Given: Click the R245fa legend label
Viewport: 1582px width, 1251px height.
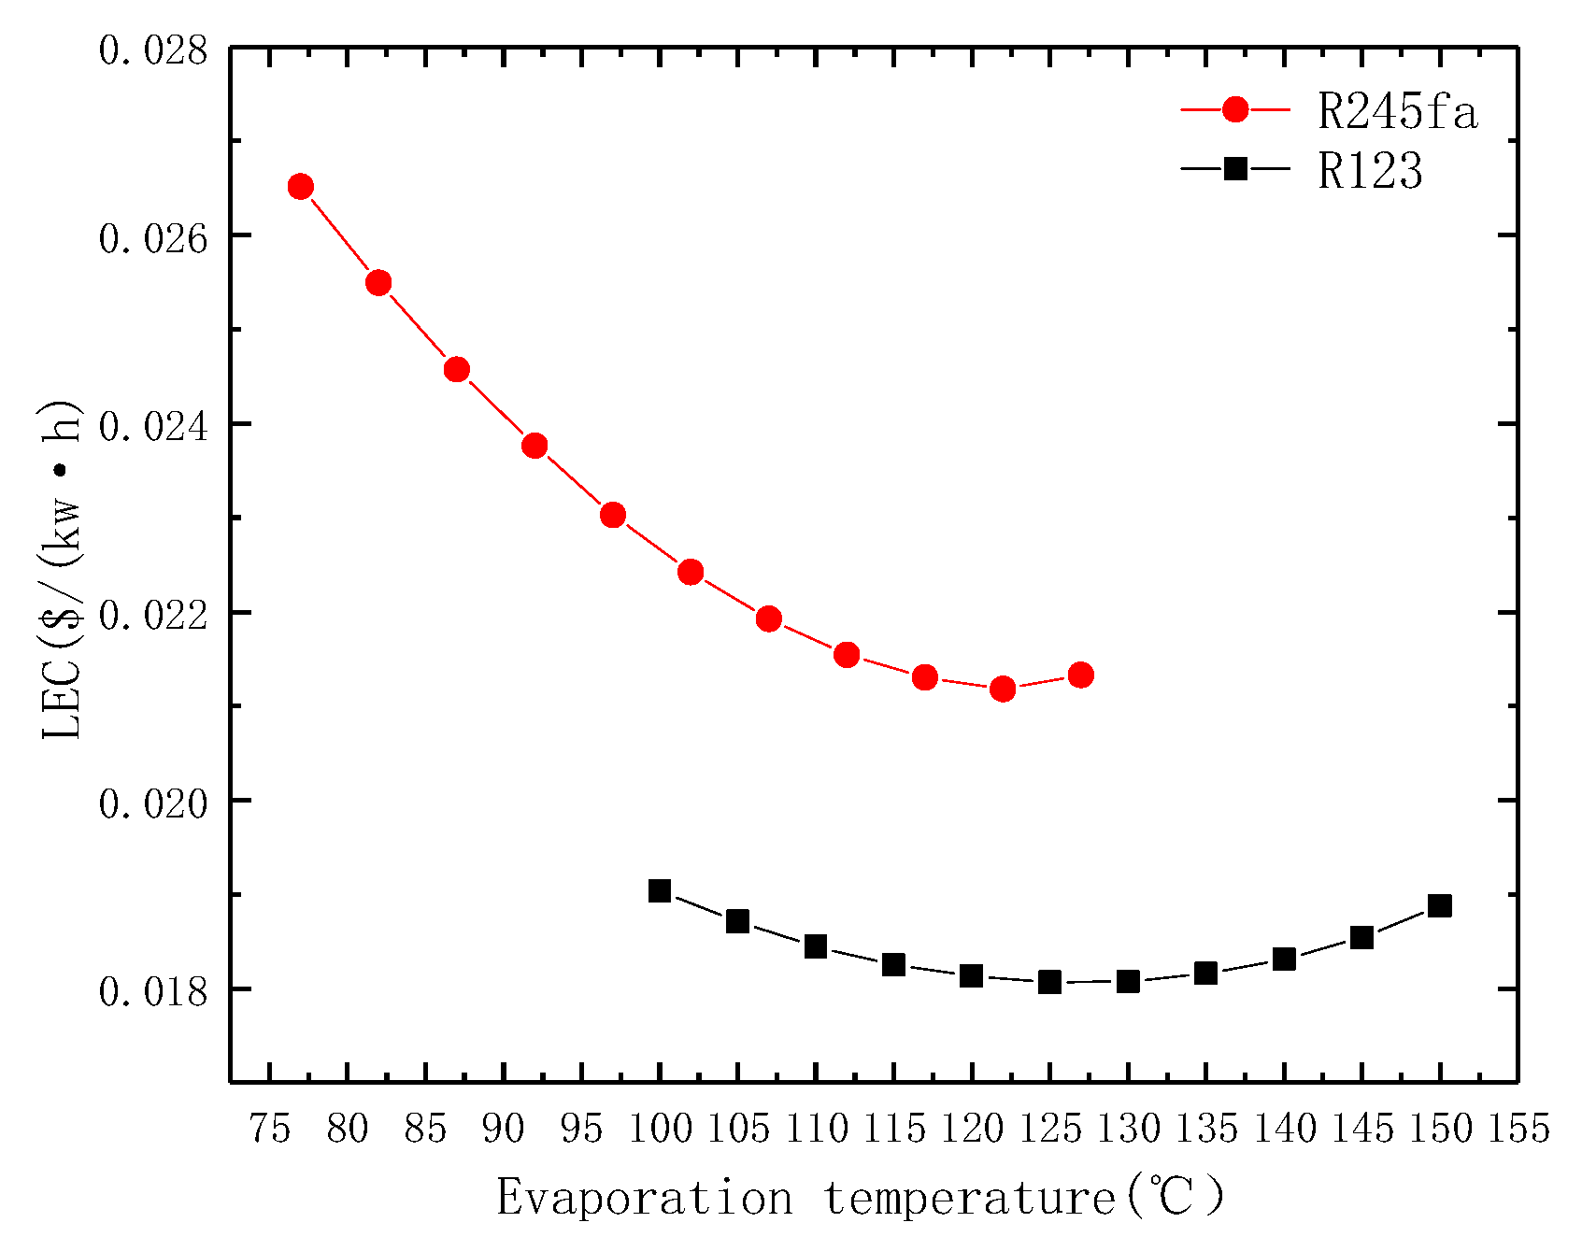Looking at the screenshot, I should coord(1398,112).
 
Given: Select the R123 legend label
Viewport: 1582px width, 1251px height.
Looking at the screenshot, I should coord(1370,171).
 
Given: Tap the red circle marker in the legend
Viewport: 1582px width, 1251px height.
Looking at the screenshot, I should coord(1235,109).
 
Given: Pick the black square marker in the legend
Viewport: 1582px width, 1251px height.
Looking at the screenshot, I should coord(1235,168).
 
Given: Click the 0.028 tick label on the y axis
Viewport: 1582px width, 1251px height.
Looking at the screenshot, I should coord(153,50).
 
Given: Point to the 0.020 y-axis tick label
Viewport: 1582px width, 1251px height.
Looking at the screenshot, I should coord(153,803).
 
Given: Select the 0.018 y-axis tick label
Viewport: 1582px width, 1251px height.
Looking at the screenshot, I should coord(153,991).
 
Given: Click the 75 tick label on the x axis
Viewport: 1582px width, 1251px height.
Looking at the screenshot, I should coord(269,1130).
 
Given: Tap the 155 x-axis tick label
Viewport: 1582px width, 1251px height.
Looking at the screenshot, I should coord(1518,1130).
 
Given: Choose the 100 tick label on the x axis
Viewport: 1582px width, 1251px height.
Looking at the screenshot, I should coord(660,1130).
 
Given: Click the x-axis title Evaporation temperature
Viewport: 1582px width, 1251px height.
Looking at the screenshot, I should coord(860,1198).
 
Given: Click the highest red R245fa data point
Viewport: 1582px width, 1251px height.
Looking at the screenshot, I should coord(300,187).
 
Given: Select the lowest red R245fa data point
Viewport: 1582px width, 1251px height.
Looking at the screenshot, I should coord(1003,689).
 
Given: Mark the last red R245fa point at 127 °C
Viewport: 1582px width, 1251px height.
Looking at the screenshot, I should coord(1081,675).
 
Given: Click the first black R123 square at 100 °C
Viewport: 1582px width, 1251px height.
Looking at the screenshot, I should coord(660,890).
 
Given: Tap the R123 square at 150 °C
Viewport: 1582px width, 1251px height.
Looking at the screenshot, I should coord(1440,905).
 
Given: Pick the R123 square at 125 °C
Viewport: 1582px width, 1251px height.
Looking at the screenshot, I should coord(1049,982).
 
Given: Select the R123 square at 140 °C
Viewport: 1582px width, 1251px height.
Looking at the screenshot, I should coord(1284,960).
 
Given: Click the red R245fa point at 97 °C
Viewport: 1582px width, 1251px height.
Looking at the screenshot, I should coord(613,515).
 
